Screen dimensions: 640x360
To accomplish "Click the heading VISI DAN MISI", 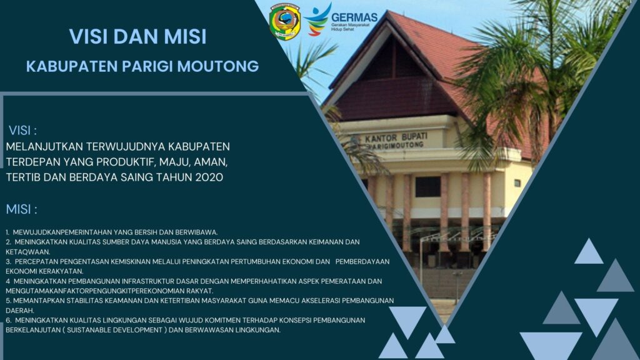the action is [x=138, y=36].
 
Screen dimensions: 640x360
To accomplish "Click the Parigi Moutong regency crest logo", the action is [x=284, y=22].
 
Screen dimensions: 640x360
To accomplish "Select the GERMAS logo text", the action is [x=354, y=17].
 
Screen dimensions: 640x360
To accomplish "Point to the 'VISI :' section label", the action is [x=23, y=131].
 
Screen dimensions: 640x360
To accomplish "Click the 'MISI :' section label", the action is [x=22, y=209].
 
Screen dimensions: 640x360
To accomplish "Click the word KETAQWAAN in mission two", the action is [x=27, y=252].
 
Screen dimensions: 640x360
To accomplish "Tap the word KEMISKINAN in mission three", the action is [x=131, y=262].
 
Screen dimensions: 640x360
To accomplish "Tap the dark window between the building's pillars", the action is [x=427, y=187].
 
